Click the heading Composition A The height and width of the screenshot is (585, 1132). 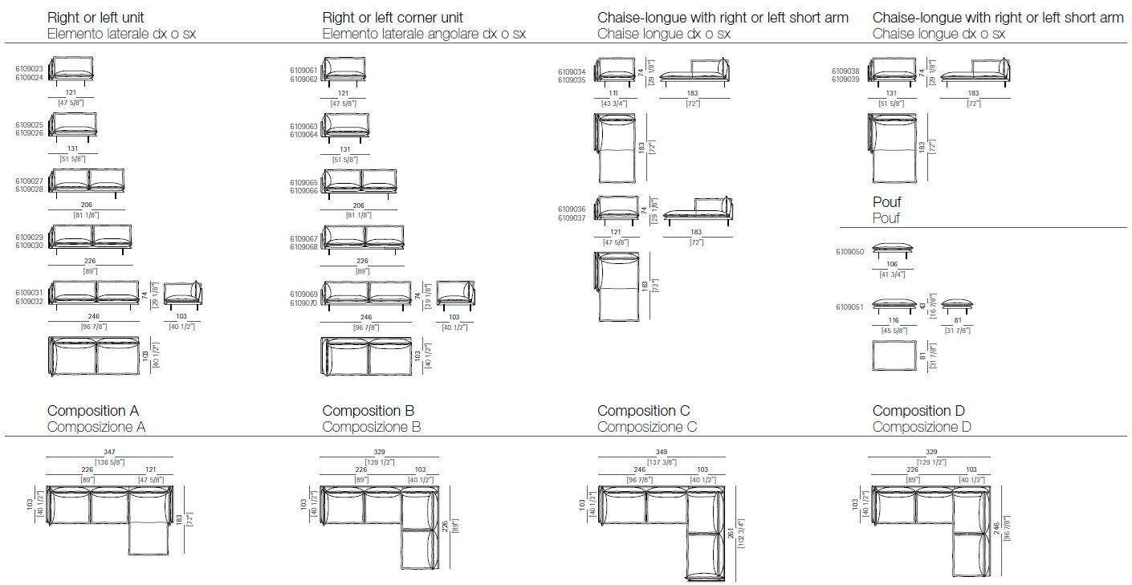coord(97,411)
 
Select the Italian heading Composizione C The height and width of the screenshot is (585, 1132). coord(647,427)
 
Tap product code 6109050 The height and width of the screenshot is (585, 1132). coord(851,251)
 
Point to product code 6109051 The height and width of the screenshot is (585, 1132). coord(851,307)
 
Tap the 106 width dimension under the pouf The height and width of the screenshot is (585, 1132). coord(892,264)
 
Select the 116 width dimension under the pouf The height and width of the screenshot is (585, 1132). coord(894,320)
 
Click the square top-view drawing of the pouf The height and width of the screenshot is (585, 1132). coord(894,355)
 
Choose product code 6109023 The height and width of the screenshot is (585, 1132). coord(29,70)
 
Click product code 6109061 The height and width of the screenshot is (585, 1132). coord(303,70)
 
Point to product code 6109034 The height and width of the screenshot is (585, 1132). coord(572,72)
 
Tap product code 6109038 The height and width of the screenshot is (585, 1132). coord(847,71)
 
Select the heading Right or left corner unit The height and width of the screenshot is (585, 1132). coord(393,18)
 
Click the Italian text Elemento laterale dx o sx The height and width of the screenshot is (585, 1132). coord(121,34)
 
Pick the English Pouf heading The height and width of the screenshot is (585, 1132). coord(887,202)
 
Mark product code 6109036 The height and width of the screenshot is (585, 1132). coord(572,209)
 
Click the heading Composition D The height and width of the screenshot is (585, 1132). coord(918,411)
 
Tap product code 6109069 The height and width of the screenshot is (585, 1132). coord(303,295)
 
